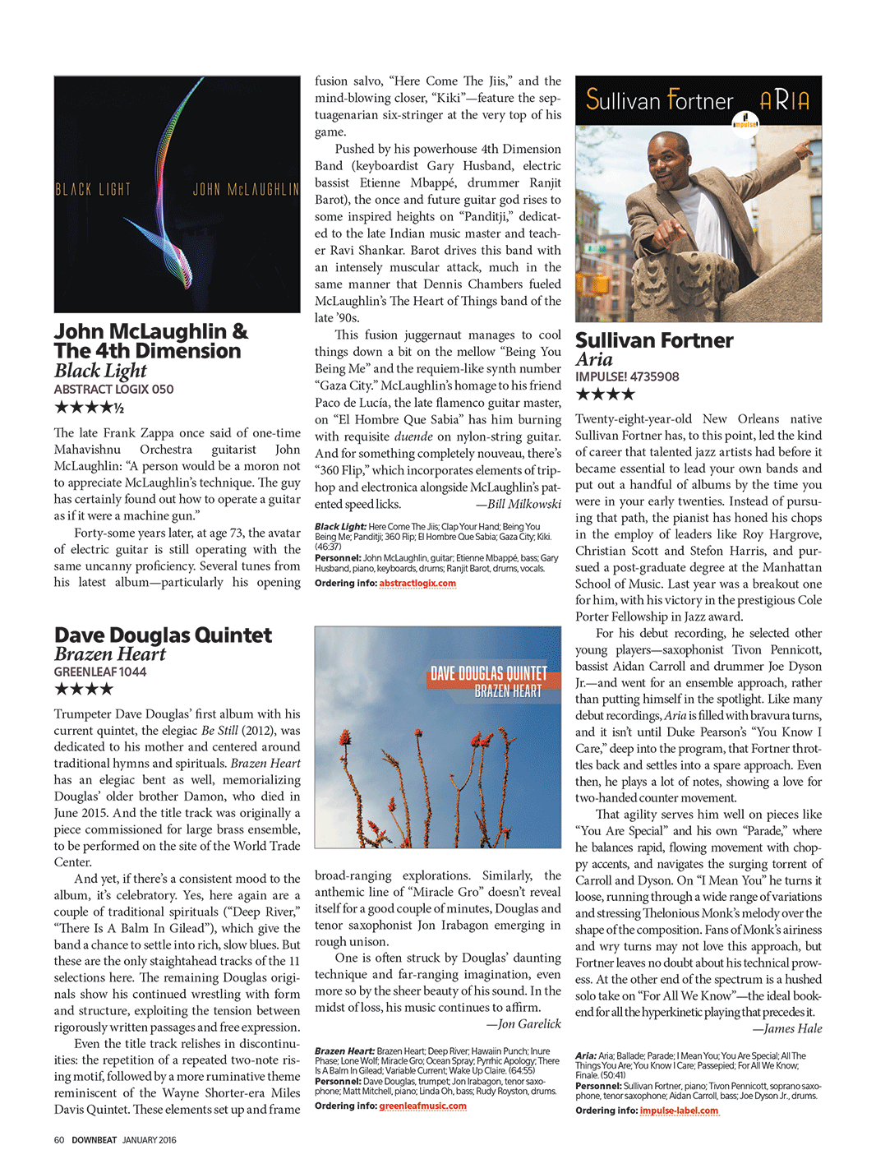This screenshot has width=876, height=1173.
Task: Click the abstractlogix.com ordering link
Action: pyautogui.click(x=417, y=584)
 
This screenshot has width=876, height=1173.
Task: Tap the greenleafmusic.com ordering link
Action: pyautogui.click(x=422, y=1106)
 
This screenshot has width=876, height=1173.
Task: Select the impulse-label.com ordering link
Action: pyautogui.click(x=679, y=1111)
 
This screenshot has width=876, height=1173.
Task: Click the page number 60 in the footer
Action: pyautogui.click(x=59, y=1140)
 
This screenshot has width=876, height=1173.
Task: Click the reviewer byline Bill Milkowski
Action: pyautogui.click(x=523, y=504)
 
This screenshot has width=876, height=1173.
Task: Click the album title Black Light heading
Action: pyautogui.click(x=100, y=371)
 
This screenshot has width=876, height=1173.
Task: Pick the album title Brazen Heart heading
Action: pyautogui.click(x=110, y=654)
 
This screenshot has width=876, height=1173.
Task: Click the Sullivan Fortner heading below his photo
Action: pyautogui.click(x=654, y=340)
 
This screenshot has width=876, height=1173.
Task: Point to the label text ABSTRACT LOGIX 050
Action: pyautogui.click(x=113, y=390)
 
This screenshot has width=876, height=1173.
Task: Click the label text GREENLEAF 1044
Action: pyautogui.click(x=100, y=672)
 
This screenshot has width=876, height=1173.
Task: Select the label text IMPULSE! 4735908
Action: pyautogui.click(x=627, y=377)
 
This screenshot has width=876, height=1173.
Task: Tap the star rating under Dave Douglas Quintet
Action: pyautogui.click(x=83, y=689)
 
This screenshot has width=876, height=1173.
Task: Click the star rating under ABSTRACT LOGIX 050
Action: pyautogui.click(x=89, y=407)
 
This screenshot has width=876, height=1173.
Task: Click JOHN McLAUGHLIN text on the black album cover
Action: pyautogui.click(x=245, y=190)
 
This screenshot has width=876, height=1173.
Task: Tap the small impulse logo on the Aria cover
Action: pyautogui.click(x=745, y=120)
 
